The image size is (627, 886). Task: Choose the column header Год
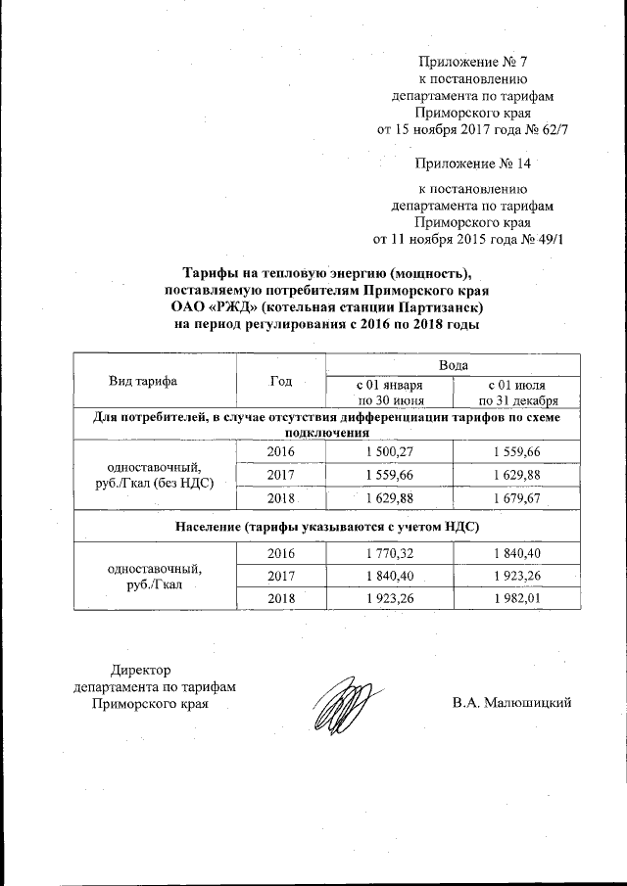coord(281,381)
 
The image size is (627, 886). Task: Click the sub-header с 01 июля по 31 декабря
coord(518,392)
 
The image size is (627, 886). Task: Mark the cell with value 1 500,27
coord(388,450)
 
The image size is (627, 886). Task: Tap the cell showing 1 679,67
coord(518,497)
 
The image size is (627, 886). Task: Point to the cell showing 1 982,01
coord(518,597)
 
